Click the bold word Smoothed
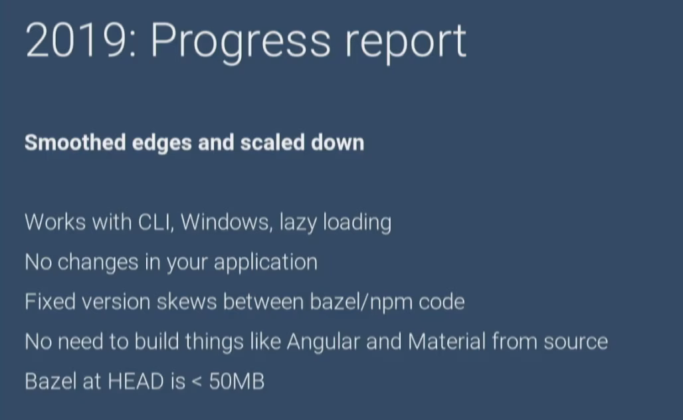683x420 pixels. tap(75, 142)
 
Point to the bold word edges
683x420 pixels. tap(161, 144)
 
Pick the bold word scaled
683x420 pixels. tap(272, 142)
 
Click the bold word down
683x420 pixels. tap(338, 142)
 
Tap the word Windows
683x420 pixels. tap(226, 222)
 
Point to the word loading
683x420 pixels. tap(357, 223)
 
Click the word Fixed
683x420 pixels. tap(50, 302)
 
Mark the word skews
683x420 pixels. tap(187, 302)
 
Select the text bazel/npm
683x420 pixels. tap(361, 303)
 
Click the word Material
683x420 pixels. tap(447, 341)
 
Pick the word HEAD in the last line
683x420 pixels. tap(136, 381)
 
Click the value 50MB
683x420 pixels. tap(237, 381)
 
